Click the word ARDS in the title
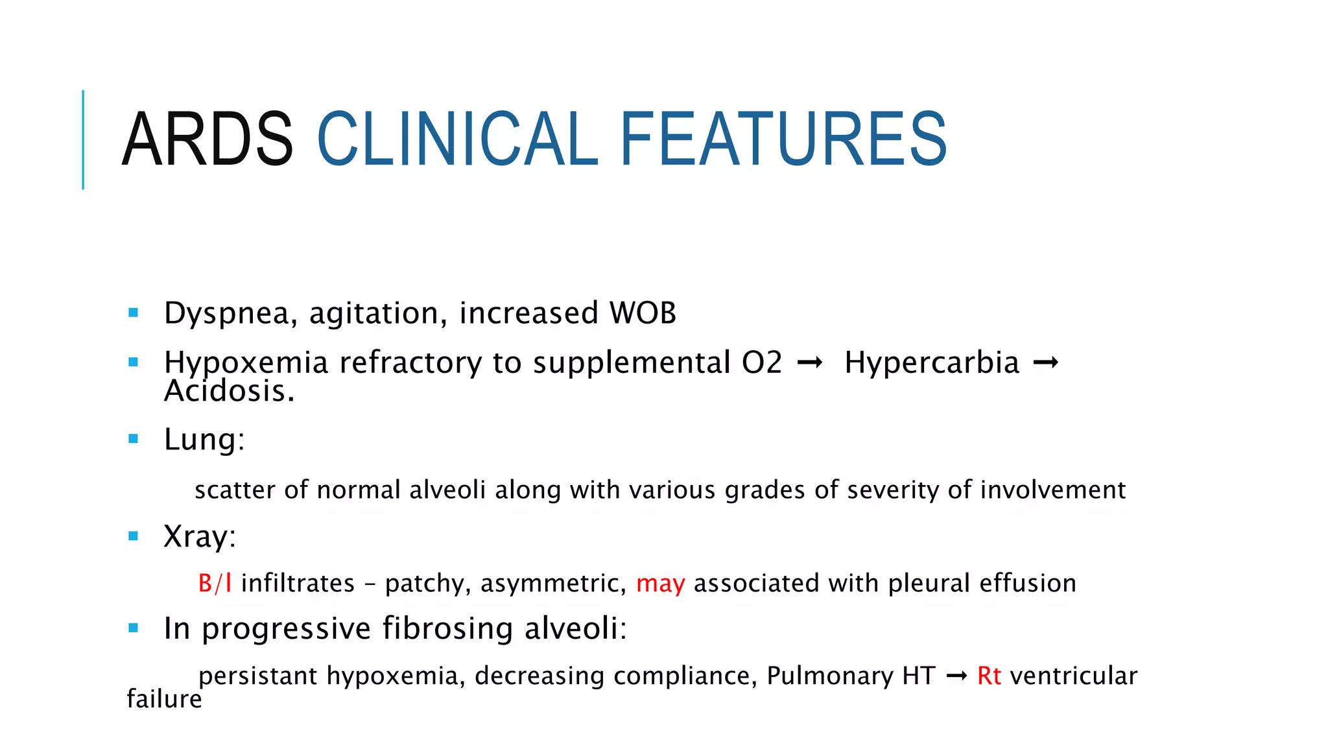[x=207, y=139]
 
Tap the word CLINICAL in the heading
[x=457, y=139]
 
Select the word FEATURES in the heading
[x=783, y=139]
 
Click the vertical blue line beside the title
[x=83, y=139]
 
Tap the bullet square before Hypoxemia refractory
[x=134, y=362]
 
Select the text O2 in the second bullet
[x=762, y=362]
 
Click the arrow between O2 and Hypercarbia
[x=810, y=362]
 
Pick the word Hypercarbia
[x=932, y=362]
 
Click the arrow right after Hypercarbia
[x=1045, y=362]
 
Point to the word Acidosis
[x=229, y=391]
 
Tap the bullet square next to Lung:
[x=134, y=439]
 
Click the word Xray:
[x=200, y=536]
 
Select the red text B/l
[x=215, y=584]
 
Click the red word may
[x=660, y=584]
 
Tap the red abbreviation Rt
[x=989, y=676]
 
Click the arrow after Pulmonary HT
[x=956, y=676]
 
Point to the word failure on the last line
[x=164, y=699]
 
